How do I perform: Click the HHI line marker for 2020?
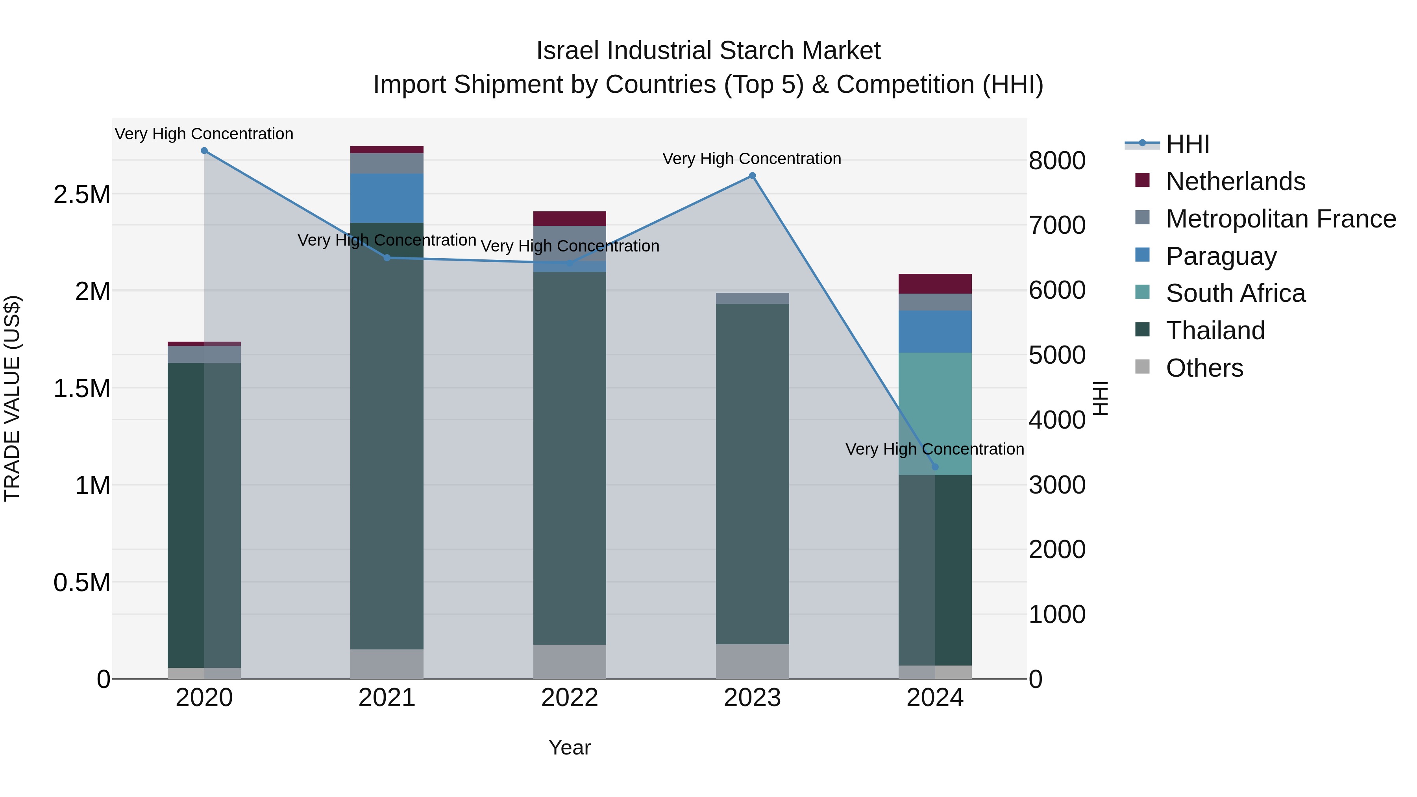tap(204, 151)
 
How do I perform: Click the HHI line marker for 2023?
tap(752, 176)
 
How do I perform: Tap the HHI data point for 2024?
tap(934, 467)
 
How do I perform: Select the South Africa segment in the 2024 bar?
tap(934, 414)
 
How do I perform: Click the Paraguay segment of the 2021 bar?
tap(387, 198)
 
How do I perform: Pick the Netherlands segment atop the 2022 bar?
tap(569, 219)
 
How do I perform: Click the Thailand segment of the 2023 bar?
tap(752, 473)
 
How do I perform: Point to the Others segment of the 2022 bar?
tap(569, 662)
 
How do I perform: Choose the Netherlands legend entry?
tap(1235, 181)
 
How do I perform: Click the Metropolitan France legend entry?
tap(1280, 219)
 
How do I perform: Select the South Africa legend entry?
tap(1235, 293)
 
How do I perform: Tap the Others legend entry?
tap(1204, 368)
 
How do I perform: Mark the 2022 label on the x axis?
tap(569, 698)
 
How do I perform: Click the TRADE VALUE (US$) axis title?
tap(13, 398)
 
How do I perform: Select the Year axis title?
tap(569, 747)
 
